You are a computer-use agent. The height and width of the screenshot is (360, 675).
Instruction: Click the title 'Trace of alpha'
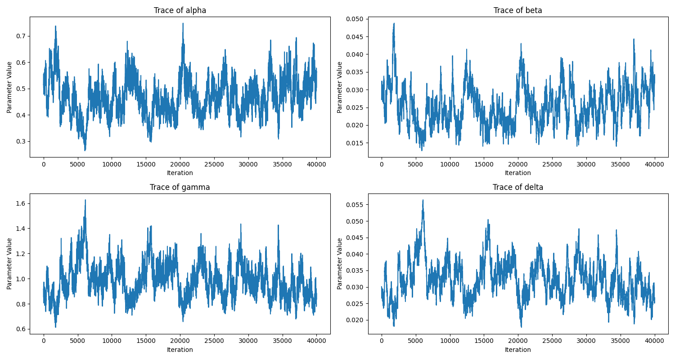tap(180, 10)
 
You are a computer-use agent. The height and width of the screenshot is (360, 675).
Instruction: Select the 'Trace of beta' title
tap(518, 10)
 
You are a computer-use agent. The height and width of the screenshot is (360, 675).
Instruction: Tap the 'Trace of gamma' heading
tap(180, 187)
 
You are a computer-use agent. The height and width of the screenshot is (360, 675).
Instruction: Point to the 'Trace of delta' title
tap(518, 187)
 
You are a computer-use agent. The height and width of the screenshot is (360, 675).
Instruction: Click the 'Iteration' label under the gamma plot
tap(180, 350)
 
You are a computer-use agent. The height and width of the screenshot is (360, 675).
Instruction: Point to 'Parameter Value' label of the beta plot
tap(340, 87)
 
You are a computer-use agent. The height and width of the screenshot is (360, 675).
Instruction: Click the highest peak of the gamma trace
tap(85, 200)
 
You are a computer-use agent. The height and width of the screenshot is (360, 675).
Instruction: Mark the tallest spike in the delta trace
tap(423, 200)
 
